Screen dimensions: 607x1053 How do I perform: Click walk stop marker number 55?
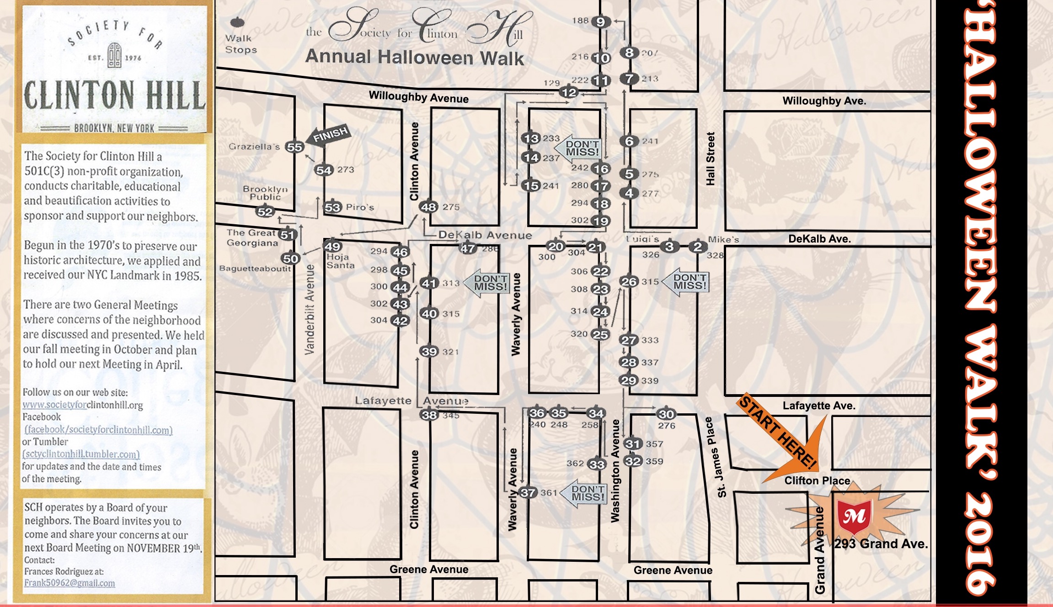click(294, 147)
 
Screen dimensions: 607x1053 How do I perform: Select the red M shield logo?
click(855, 516)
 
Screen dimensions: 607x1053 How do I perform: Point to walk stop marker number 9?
click(601, 21)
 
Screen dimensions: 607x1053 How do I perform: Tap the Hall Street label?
click(710, 159)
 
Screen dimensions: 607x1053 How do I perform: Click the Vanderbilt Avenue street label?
click(310, 309)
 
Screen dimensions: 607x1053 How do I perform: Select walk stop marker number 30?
click(666, 414)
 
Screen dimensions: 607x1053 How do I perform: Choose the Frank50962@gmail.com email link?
click(69, 583)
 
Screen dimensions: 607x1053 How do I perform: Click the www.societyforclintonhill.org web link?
click(83, 405)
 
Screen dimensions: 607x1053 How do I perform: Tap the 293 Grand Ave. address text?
click(881, 544)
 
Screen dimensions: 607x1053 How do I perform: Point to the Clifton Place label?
click(817, 480)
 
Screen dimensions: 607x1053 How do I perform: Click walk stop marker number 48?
click(429, 207)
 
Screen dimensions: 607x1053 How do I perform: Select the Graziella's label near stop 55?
click(254, 147)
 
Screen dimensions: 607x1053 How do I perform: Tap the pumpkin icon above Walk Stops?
click(238, 22)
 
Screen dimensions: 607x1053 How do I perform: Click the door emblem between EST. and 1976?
click(114, 55)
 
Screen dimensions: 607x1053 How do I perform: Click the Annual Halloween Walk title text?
click(414, 58)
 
